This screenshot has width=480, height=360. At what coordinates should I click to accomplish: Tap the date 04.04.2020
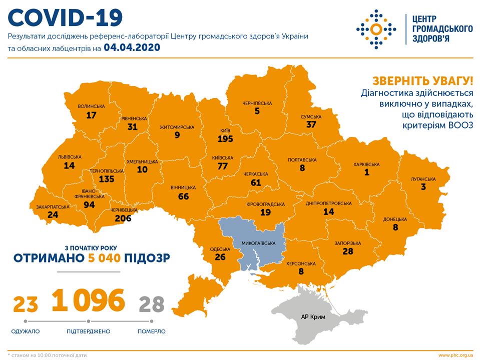(132, 48)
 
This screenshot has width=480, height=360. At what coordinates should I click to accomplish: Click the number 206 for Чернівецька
(122, 218)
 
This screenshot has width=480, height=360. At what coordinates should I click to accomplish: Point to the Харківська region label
(366, 164)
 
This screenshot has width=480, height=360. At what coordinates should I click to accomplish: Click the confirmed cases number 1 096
(88, 300)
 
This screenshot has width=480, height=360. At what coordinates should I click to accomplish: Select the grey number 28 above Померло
(152, 303)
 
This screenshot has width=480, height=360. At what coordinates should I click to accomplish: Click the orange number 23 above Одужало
(26, 303)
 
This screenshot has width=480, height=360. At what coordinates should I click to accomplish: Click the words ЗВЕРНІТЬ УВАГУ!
(421, 80)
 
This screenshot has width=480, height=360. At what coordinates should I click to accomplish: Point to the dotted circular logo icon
(377, 29)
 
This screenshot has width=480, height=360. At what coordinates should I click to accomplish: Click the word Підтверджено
(88, 331)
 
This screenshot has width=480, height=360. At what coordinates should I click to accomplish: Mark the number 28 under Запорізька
(348, 251)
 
